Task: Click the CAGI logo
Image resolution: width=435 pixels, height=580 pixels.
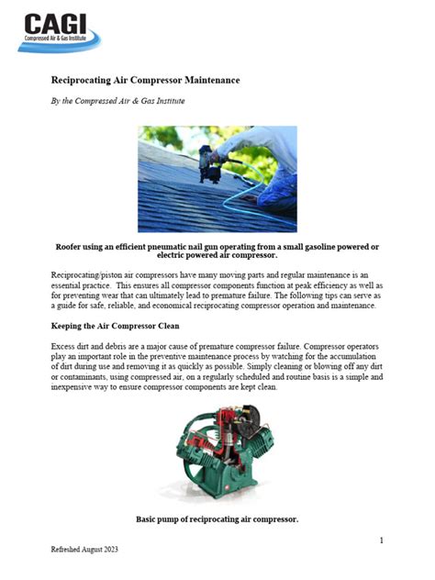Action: point(62,30)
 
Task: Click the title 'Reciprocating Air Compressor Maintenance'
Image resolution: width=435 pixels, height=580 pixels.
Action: point(145,80)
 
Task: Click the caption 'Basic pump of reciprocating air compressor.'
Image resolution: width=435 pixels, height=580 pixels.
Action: point(217,519)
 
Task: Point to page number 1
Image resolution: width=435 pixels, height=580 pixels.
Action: point(381,541)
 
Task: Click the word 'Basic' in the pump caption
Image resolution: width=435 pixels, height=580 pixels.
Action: point(148,519)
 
